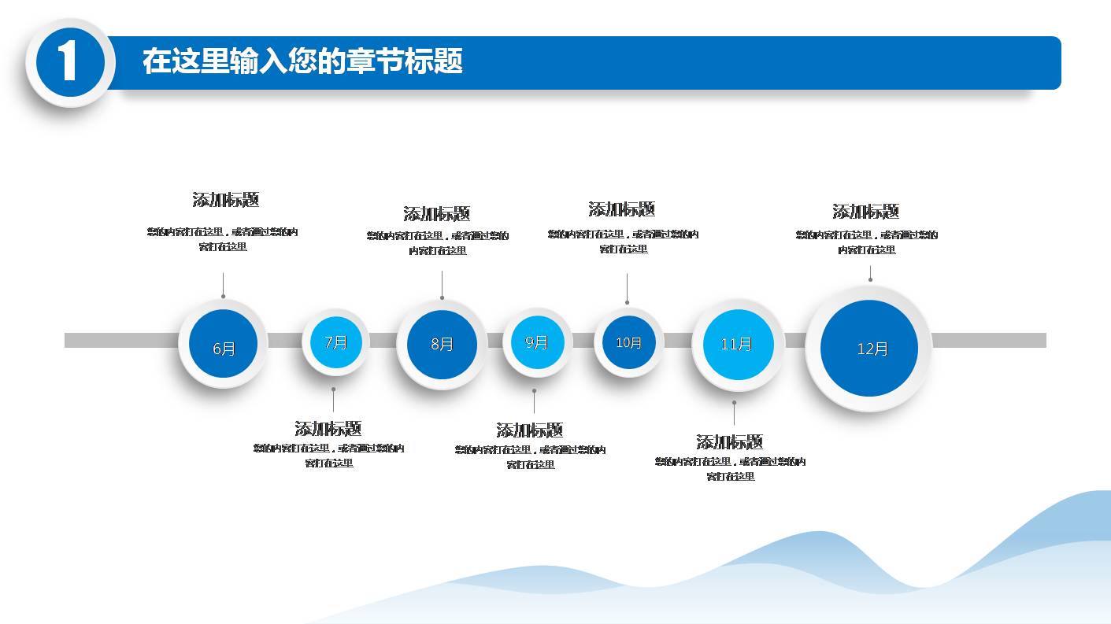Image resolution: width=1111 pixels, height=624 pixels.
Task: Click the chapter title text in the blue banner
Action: (x=302, y=61)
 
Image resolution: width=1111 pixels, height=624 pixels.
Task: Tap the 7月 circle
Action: (x=336, y=342)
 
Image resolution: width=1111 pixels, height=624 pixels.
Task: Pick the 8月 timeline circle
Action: (x=442, y=344)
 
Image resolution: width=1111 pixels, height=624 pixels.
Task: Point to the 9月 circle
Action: (x=536, y=342)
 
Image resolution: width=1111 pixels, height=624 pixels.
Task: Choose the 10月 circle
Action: (x=628, y=342)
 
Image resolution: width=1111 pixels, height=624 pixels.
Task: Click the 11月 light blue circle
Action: (x=737, y=344)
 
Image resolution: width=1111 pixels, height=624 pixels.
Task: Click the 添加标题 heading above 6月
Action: (x=226, y=200)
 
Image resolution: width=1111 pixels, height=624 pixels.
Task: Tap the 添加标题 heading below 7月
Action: (x=328, y=429)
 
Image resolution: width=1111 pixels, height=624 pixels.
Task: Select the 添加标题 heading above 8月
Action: (x=437, y=214)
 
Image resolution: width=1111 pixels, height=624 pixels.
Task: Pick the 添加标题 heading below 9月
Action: (x=530, y=430)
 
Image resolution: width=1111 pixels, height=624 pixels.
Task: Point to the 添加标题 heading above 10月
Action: (x=622, y=209)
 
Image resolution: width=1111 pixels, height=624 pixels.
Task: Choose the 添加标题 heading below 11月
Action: (x=730, y=442)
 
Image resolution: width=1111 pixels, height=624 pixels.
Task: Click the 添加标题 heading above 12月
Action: (x=866, y=212)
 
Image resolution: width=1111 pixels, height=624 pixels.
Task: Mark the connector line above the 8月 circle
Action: (x=442, y=284)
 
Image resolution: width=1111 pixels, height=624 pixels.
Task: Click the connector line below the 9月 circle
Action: (x=534, y=402)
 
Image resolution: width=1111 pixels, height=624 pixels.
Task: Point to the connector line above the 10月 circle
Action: (x=627, y=287)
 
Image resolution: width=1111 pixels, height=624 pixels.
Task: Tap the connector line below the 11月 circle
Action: (x=734, y=414)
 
